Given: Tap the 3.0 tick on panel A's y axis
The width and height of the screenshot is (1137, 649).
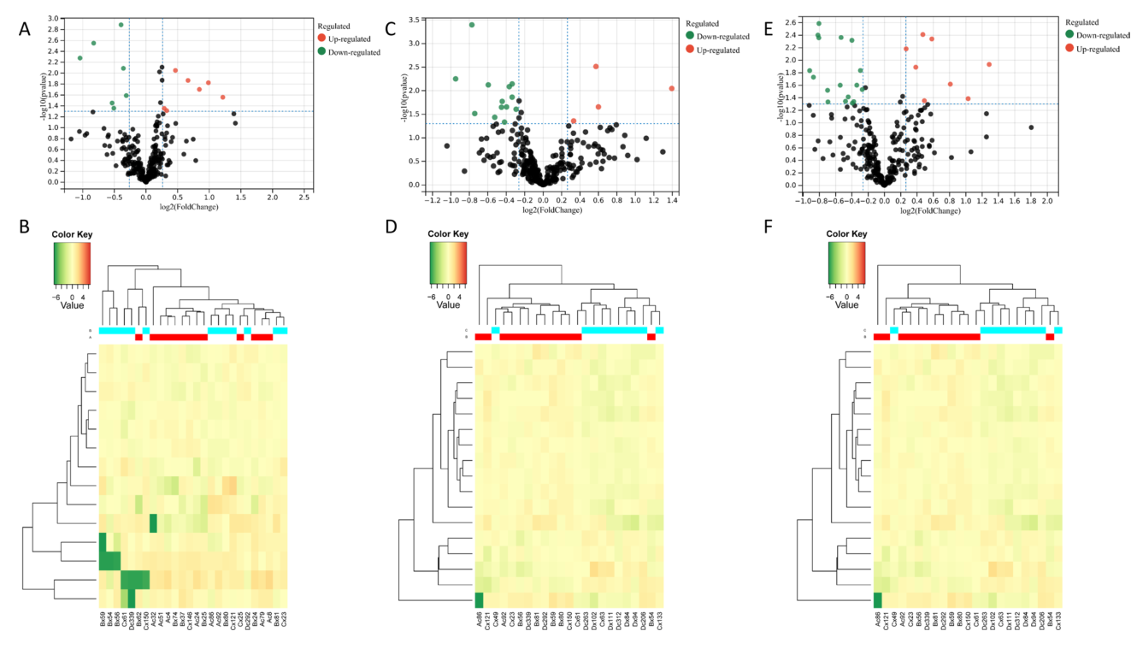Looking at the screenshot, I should click(x=54, y=18).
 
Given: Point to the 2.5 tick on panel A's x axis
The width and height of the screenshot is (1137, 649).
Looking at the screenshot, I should click(x=303, y=197).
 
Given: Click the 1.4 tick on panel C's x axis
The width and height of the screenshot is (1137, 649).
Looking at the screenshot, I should click(x=672, y=199).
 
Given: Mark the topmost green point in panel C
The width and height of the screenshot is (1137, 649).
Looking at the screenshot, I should click(x=471, y=25).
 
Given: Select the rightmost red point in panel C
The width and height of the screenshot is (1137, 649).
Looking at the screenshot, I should click(x=672, y=88).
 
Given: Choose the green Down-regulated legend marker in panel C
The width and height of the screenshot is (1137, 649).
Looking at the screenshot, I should click(x=688, y=36).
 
